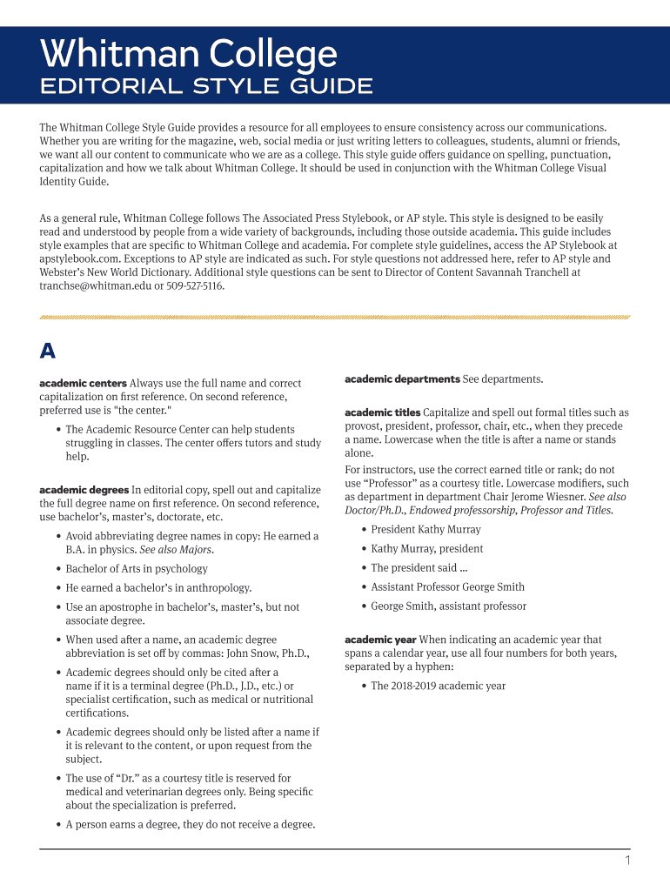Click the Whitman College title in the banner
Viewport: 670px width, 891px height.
pyautogui.click(x=188, y=55)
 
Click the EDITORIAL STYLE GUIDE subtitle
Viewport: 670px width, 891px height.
pyautogui.click(x=206, y=86)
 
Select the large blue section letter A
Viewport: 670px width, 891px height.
pyautogui.click(x=48, y=351)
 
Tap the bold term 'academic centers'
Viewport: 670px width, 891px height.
pyautogui.click(x=83, y=383)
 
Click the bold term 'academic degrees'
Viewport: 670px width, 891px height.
pyautogui.click(x=84, y=490)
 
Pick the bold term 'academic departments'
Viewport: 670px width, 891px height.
pyautogui.click(x=402, y=379)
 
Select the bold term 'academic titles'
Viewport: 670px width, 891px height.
pyautogui.click(x=383, y=412)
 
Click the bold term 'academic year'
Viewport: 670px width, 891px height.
pyautogui.click(x=379, y=640)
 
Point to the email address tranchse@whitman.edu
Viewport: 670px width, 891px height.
pyautogui.click(x=95, y=286)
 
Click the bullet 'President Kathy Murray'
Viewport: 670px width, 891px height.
pyautogui.click(x=425, y=530)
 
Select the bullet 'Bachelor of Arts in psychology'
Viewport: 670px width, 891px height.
pyautogui.click(x=137, y=569)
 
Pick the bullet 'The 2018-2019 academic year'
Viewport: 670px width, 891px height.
pyautogui.click(x=438, y=686)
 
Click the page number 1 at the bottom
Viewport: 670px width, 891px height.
pyautogui.click(x=626, y=861)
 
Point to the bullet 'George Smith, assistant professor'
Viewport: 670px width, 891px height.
pyautogui.click(x=448, y=606)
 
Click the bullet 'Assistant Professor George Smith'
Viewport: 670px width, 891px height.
pyautogui.click(x=447, y=587)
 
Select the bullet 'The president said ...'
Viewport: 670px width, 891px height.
pyautogui.click(x=413, y=568)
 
